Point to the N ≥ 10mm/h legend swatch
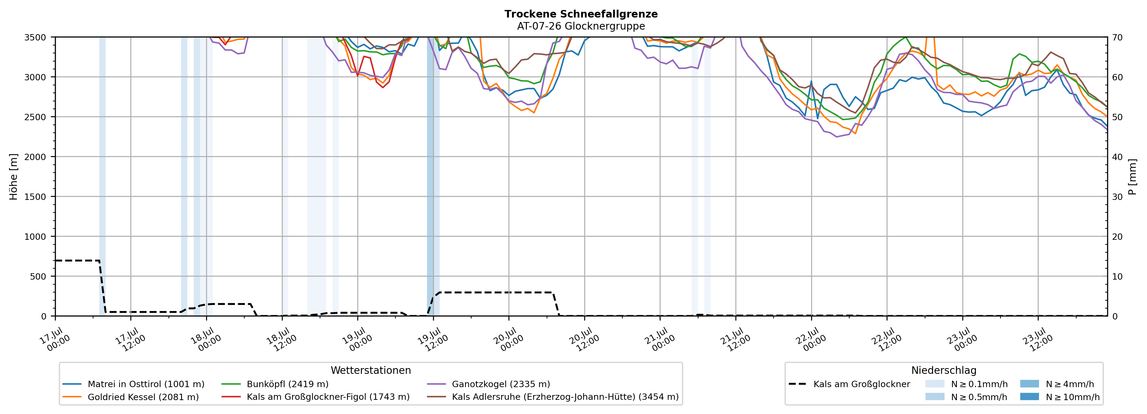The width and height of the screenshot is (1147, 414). point(1029,396)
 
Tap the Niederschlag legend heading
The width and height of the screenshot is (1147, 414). point(944,370)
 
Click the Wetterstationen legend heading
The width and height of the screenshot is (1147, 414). point(371,370)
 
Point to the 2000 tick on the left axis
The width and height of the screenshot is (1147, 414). point(35,157)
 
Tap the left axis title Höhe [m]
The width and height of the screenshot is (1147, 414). point(14,177)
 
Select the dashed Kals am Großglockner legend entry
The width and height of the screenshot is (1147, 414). point(849,384)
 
